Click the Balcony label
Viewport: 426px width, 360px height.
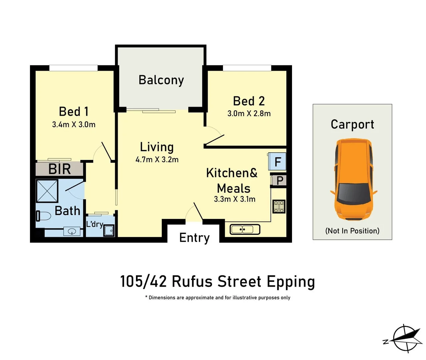(161, 80)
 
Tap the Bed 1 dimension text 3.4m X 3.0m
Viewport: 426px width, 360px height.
(74, 125)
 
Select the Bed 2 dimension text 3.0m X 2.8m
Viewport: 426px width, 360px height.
(249, 113)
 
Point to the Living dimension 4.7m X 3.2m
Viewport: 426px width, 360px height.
(157, 160)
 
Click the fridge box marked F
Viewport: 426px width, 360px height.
(277, 162)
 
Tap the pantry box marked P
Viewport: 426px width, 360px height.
(279, 181)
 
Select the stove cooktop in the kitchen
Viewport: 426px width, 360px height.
(279, 206)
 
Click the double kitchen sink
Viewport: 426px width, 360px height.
(245, 229)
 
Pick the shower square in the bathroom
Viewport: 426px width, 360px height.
(47, 191)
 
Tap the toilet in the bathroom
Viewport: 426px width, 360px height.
(43, 216)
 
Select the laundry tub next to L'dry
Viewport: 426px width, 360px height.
(109, 230)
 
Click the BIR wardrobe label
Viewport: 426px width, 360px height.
(59, 169)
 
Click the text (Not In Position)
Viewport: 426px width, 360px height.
(352, 231)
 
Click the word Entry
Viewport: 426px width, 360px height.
(194, 238)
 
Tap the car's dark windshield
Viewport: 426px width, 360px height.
(354, 193)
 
